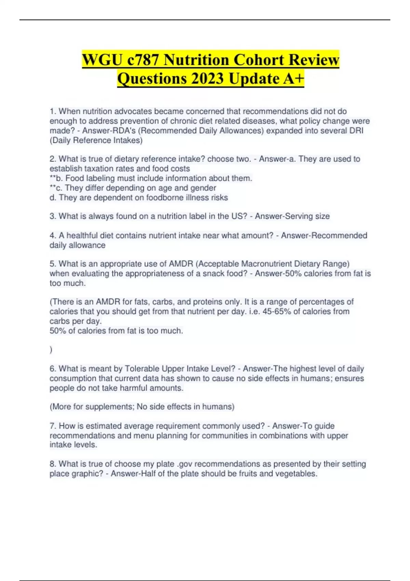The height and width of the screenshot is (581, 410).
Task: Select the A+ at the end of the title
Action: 293,79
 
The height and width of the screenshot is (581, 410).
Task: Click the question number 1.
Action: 52,111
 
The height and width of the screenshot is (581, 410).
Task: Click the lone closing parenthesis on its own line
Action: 51,350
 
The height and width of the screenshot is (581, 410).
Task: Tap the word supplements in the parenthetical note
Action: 109,407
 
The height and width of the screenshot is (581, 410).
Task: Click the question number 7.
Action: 52,426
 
